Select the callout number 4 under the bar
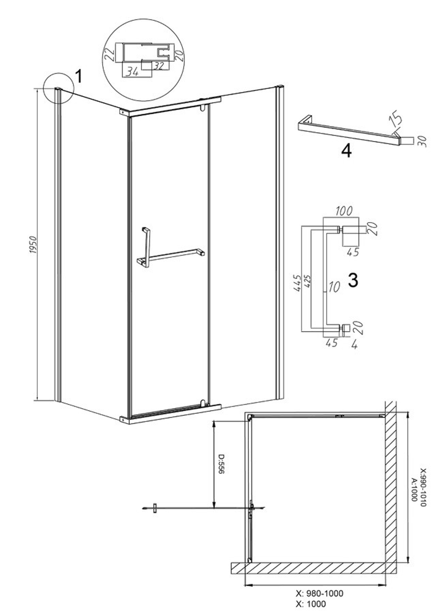pos(346,151)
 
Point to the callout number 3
pos(353,280)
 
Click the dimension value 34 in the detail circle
pos(132,72)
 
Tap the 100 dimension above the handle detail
pos(344,211)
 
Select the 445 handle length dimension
pos(297,283)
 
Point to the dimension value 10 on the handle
pos(334,287)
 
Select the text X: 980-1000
pos(320,594)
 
